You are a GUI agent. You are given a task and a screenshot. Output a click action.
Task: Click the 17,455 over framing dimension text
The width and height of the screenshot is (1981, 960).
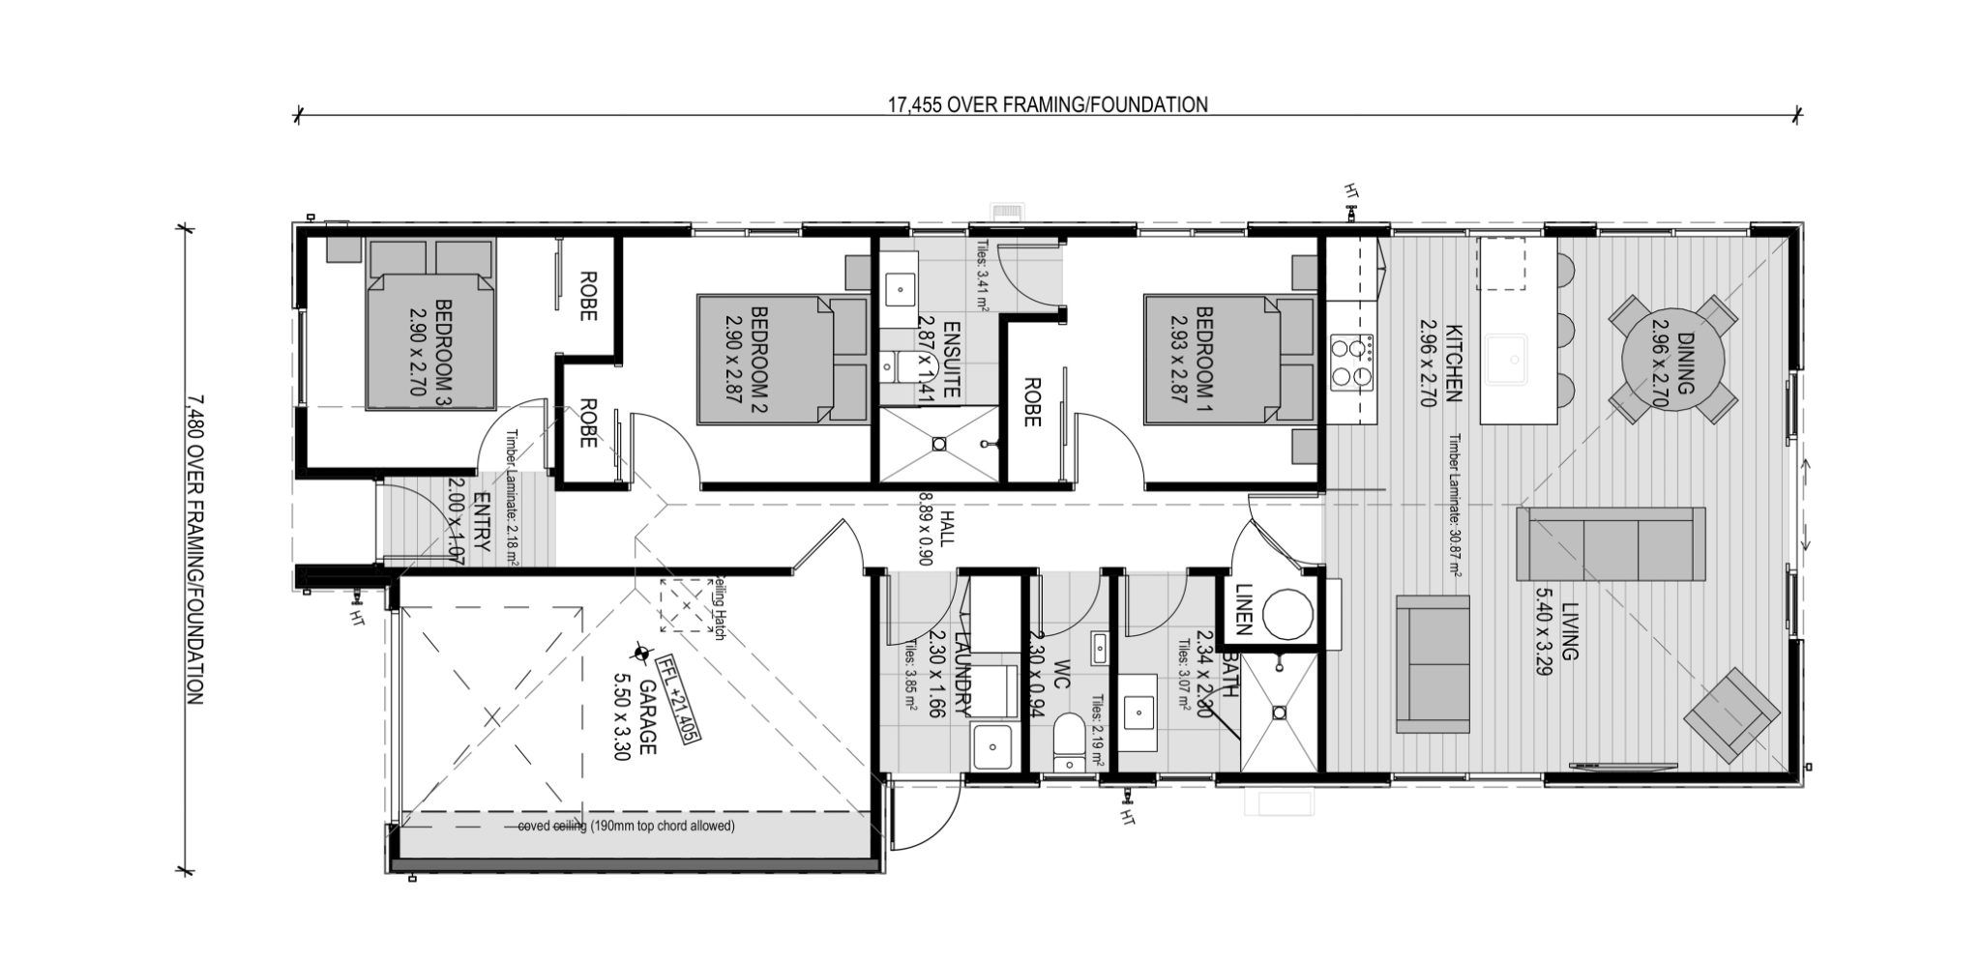(1048, 104)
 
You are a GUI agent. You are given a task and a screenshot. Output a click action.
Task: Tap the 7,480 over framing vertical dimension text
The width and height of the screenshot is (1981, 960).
(194, 548)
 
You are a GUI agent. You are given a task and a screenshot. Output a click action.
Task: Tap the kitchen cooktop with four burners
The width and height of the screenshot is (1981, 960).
(1352, 364)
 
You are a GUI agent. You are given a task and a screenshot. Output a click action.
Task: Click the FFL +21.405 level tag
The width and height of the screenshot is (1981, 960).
(677, 698)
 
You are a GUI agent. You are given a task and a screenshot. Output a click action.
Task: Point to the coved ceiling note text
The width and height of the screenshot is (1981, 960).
(626, 827)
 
